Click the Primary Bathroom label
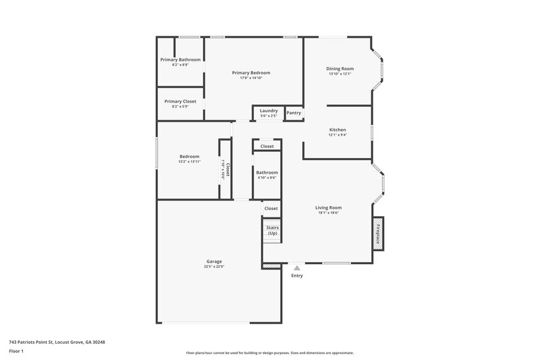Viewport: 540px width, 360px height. [x=180, y=59]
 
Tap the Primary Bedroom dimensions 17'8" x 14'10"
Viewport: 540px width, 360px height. [x=251, y=78]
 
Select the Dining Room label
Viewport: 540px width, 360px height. [x=340, y=68]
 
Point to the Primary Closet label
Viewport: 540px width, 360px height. [x=180, y=101]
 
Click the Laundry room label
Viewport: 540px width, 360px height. [x=269, y=110]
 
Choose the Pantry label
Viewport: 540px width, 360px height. [x=294, y=113]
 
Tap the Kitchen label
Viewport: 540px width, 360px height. [x=337, y=129]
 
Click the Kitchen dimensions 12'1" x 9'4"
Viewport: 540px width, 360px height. [x=337, y=135]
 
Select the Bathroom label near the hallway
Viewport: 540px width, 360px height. [x=267, y=172]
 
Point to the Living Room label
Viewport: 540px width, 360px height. [x=329, y=207]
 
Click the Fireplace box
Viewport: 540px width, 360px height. [x=378, y=233]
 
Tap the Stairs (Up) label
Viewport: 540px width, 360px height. [x=272, y=230]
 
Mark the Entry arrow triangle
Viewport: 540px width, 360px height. [x=297, y=268]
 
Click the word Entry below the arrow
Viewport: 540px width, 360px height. [x=297, y=276]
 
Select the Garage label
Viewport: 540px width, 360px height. [x=214, y=261]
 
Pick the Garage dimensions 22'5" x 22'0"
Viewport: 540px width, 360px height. [x=214, y=267]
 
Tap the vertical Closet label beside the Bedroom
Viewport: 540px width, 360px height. [x=227, y=169]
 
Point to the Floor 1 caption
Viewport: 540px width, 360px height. [x=17, y=352]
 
